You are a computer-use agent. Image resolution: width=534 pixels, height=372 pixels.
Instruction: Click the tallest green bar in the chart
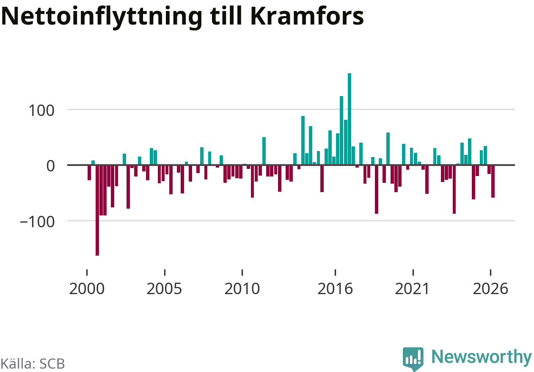[350, 119]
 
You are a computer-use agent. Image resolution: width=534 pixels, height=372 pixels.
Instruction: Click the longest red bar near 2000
[97, 210]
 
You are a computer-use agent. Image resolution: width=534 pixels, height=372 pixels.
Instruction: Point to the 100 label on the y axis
[41, 111]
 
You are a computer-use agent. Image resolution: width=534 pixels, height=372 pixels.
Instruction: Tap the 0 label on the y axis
[50, 166]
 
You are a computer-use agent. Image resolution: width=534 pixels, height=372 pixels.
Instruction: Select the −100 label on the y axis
[37, 222]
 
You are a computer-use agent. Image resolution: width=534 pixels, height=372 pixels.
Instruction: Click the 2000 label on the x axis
[87, 289]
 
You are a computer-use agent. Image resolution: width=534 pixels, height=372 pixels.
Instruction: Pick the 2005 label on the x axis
[164, 289]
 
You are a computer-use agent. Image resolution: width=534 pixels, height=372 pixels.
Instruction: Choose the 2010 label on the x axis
[242, 289]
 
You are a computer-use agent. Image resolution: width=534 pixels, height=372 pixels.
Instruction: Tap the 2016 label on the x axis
[335, 289]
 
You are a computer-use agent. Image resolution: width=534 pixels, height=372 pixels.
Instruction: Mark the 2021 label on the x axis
[413, 289]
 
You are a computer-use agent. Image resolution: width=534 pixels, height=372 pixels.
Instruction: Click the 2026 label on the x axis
[490, 289]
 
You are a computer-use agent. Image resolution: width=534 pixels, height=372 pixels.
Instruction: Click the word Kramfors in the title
[307, 16]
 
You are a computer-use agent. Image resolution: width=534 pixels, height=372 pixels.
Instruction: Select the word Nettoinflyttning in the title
[102, 18]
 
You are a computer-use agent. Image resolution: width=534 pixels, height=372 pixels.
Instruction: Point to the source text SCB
[52, 364]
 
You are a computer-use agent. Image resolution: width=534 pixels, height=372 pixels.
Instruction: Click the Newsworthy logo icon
[413, 358]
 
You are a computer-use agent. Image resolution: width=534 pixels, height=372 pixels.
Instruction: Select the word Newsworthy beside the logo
[482, 358]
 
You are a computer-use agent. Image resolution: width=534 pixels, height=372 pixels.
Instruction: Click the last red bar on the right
[493, 181]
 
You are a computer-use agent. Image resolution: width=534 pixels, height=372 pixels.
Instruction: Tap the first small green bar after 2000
[93, 163]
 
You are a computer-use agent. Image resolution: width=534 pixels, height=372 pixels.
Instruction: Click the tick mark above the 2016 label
[335, 273]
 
